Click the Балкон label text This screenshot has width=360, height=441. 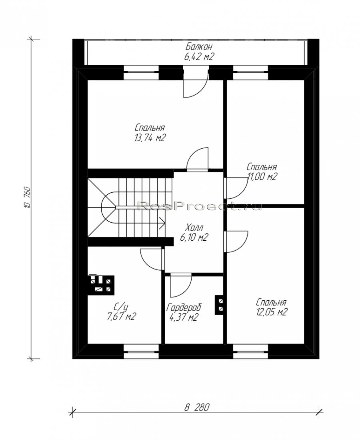(x=199, y=47)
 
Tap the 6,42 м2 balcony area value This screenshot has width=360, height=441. (x=199, y=56)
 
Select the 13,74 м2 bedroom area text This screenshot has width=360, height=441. (x=149, y=138)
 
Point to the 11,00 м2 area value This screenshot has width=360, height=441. (x=262, y=177)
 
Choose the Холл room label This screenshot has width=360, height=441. (x=194, y=227)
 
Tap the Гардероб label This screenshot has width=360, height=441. (x=184, y=308)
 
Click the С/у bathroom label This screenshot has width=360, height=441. (x=121, y=307)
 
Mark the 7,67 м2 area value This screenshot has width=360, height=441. (x=121, y=317)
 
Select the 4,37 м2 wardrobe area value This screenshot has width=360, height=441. (x=184, y=317)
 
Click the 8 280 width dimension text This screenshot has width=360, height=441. (x=197, y=407)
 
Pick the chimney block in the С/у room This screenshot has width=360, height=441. (x=102, y=285)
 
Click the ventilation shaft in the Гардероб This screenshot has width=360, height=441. (x=220, y=305)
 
